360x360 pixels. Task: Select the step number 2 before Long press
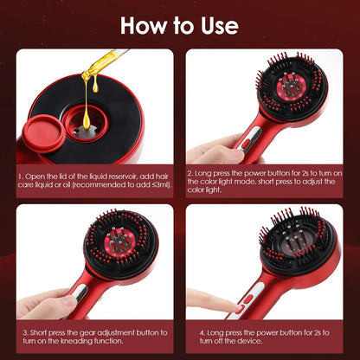(189, 176)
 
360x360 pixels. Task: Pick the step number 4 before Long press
(189, 331)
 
